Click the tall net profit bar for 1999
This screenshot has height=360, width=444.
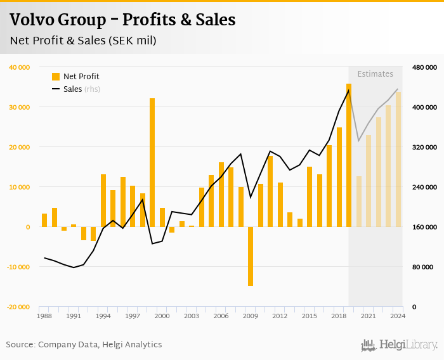coord(152,162)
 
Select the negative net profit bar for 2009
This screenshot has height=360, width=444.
coord(251,256)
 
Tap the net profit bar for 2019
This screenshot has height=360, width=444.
coord(349,155)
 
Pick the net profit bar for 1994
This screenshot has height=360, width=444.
coord(103,200)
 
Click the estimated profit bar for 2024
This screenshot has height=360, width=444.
coord(398,159)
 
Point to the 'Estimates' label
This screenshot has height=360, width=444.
coord(375,74)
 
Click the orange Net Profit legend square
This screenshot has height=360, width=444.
coord(56,77)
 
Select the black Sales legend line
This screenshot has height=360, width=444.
coord(56,89)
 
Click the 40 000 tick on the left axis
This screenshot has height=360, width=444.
coord(19,67)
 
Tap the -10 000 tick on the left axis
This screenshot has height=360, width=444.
coord(18,267)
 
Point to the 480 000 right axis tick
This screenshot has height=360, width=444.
coord(424,67)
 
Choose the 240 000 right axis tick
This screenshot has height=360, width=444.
coord(424,187)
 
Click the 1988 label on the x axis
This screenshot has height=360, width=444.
coord(44,316)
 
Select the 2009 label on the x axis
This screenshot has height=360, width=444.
coord(251,316)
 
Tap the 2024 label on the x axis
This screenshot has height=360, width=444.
coord(398,316)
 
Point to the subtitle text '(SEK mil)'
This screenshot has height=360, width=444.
coord(132,41)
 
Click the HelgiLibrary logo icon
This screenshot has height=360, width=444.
coord(369,345)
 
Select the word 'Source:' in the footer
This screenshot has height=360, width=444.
coord(21,345)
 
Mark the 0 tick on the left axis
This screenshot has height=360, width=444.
coord(28,227)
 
